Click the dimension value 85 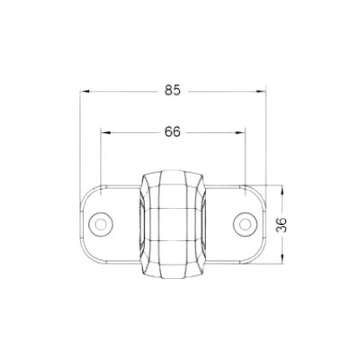(174, 90)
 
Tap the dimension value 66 (174, 131)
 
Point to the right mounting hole (244, 222)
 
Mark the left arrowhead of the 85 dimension (85, 90)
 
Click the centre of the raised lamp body (174, 222)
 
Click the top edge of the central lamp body (174, 169)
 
